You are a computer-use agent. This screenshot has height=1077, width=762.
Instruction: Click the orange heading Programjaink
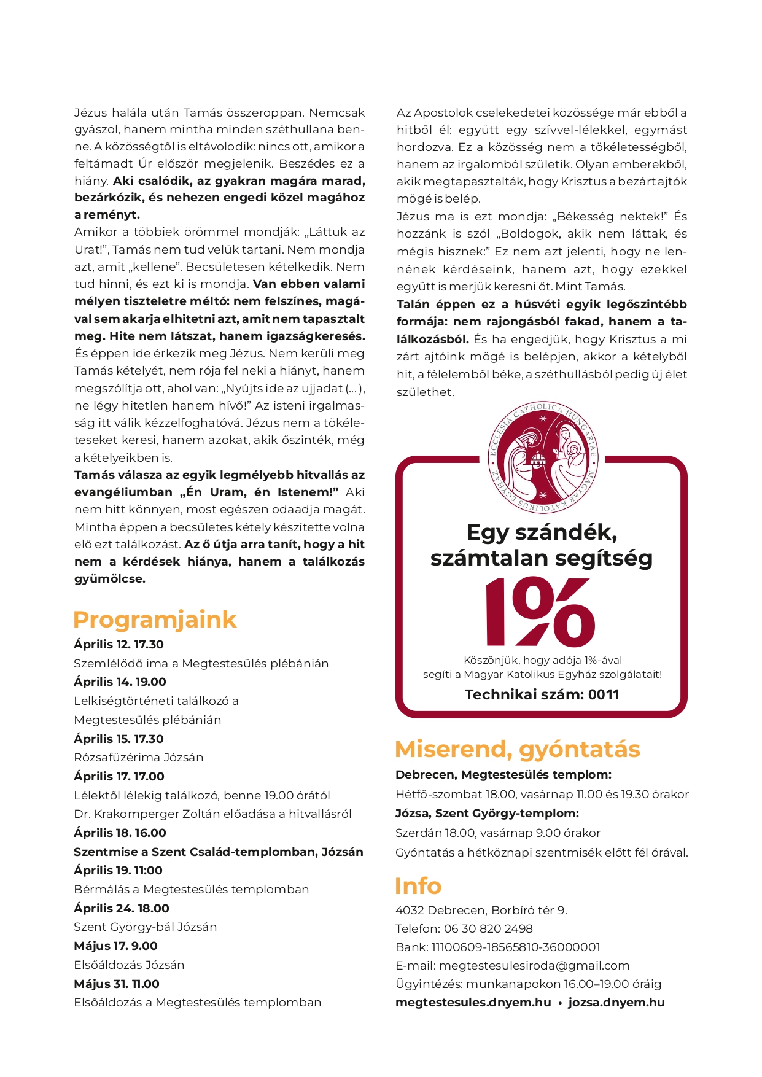[154, 620]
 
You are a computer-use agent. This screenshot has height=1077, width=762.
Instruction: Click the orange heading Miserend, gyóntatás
[517, 749]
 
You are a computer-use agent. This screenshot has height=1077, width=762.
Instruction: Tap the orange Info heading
[418, 886]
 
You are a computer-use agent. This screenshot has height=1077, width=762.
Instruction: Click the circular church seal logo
[542, 457]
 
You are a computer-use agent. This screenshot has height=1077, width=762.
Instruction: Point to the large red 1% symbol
[541, 612]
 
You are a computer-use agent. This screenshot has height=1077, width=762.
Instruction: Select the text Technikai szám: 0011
[542, 694]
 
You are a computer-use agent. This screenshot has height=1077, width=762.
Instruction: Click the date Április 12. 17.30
[119, 644]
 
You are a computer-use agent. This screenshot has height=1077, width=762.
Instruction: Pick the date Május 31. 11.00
[117, 984]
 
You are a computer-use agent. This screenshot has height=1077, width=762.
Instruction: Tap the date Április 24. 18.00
[122, 908]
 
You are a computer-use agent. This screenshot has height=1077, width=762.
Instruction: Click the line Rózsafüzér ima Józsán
[138, 757]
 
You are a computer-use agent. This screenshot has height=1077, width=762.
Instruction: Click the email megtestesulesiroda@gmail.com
[534, 965]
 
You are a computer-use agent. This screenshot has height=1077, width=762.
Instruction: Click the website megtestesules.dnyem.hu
[473, 1003]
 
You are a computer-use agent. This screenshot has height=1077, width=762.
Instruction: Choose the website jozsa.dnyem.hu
[616, 1003]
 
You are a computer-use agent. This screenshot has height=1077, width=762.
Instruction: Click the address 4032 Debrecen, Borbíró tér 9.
[481, 910]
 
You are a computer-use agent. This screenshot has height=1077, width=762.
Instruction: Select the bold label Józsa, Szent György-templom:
[487, 814]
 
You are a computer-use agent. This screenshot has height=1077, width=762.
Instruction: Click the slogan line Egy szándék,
[542, 532]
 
